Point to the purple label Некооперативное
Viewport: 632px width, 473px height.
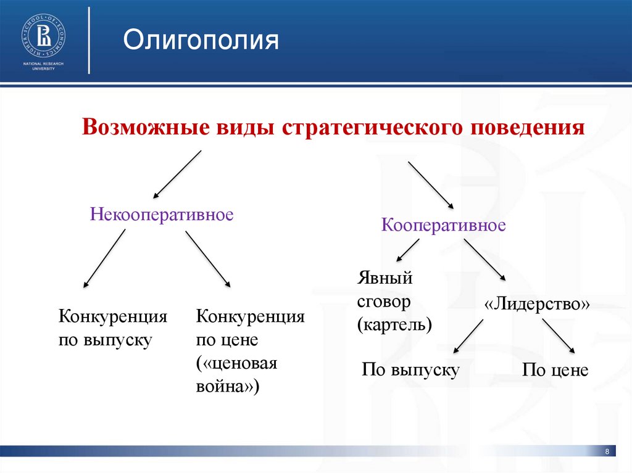162,215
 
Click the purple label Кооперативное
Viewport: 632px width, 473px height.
443,224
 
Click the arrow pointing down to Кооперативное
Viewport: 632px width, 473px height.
431,185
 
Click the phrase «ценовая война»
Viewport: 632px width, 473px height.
236,375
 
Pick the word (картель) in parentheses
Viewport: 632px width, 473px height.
394,324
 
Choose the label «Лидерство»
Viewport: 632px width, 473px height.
538,304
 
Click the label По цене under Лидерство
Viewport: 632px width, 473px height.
555,370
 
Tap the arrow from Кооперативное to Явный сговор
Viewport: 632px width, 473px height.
407,249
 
